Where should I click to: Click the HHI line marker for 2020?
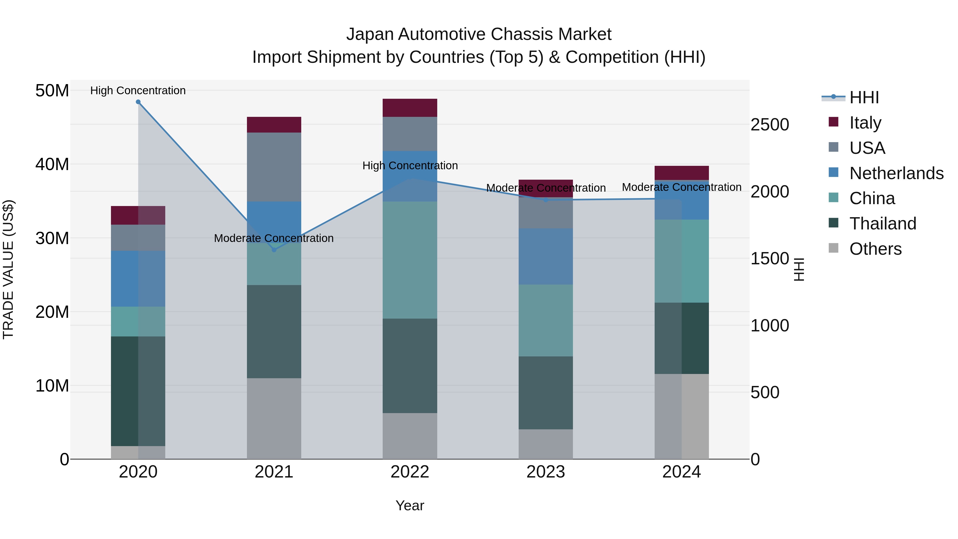[138, 102]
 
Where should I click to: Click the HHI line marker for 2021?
[274, 250]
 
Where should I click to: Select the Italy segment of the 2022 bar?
[410, 108]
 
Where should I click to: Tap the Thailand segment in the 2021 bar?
[274, 332]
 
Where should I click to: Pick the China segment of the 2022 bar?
[410, 260]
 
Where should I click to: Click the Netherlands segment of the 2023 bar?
[546, 257]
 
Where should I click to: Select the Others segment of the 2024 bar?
[682, 417]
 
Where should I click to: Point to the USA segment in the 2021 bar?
[274, 167]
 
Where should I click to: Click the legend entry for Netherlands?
[896, 173]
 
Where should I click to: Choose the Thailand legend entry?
[882, 224]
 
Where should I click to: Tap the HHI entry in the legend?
[864, 97]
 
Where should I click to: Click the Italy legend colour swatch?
[833, 122]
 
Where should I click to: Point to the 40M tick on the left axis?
[52, 164]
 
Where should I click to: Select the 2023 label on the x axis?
[546, 472]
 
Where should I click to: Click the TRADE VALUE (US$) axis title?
[8, 269]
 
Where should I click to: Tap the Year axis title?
[410, 505]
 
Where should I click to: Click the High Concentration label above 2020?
[138, 90]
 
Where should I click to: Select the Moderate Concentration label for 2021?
[274, 238]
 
